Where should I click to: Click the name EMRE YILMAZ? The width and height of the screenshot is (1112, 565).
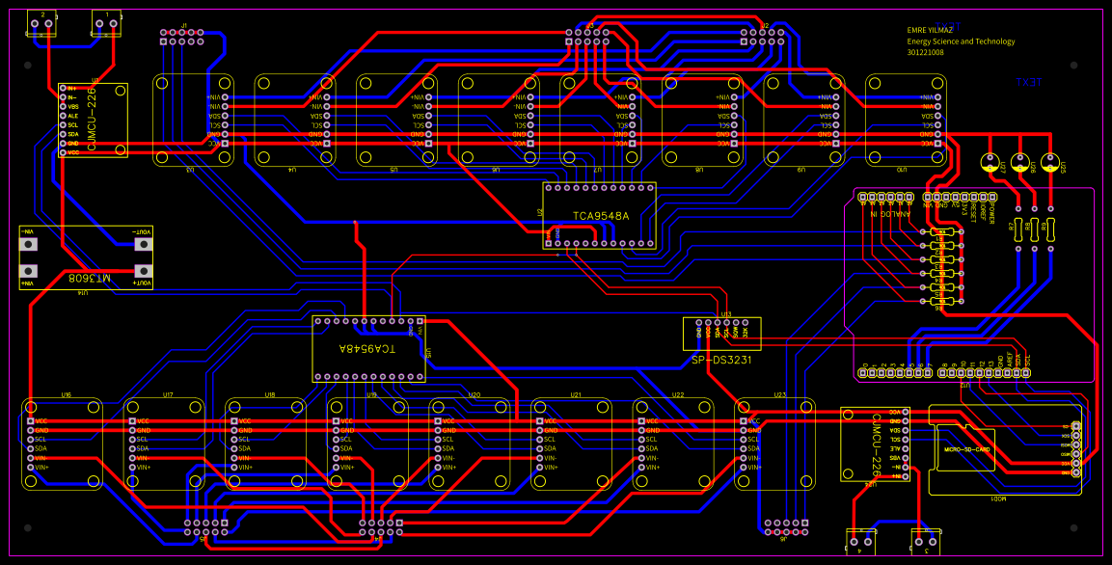tap(930, 30)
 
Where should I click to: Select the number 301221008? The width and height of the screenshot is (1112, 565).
tap(925, 52)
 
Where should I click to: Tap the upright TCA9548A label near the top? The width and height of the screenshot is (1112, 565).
tap(600, 216)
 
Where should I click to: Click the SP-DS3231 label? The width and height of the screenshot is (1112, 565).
tap(721, 359)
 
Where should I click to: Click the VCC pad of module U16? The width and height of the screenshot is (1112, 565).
tap(31, 421)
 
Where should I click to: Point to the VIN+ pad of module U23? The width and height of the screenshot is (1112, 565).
tap(744, 467)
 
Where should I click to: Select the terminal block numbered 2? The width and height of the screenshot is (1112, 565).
tap(41, 24)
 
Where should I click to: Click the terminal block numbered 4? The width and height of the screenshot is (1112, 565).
tap(859, 544)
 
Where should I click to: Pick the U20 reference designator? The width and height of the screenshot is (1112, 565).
tap(475, 395)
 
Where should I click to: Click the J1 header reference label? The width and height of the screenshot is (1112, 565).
tap(183, 23)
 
